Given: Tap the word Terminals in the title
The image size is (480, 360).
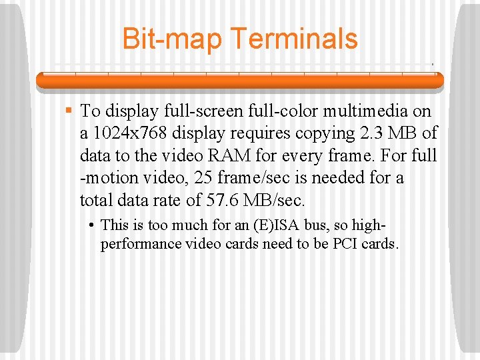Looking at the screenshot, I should click(x=294, y=39).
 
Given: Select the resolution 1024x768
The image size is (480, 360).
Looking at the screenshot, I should click(x=126, y=133).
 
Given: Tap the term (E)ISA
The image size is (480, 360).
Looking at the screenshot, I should click(x=257, y=226).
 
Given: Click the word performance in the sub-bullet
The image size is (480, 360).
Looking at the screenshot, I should click(x=141, y=243).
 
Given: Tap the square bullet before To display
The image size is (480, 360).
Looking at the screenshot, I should click(x=68, y=109).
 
